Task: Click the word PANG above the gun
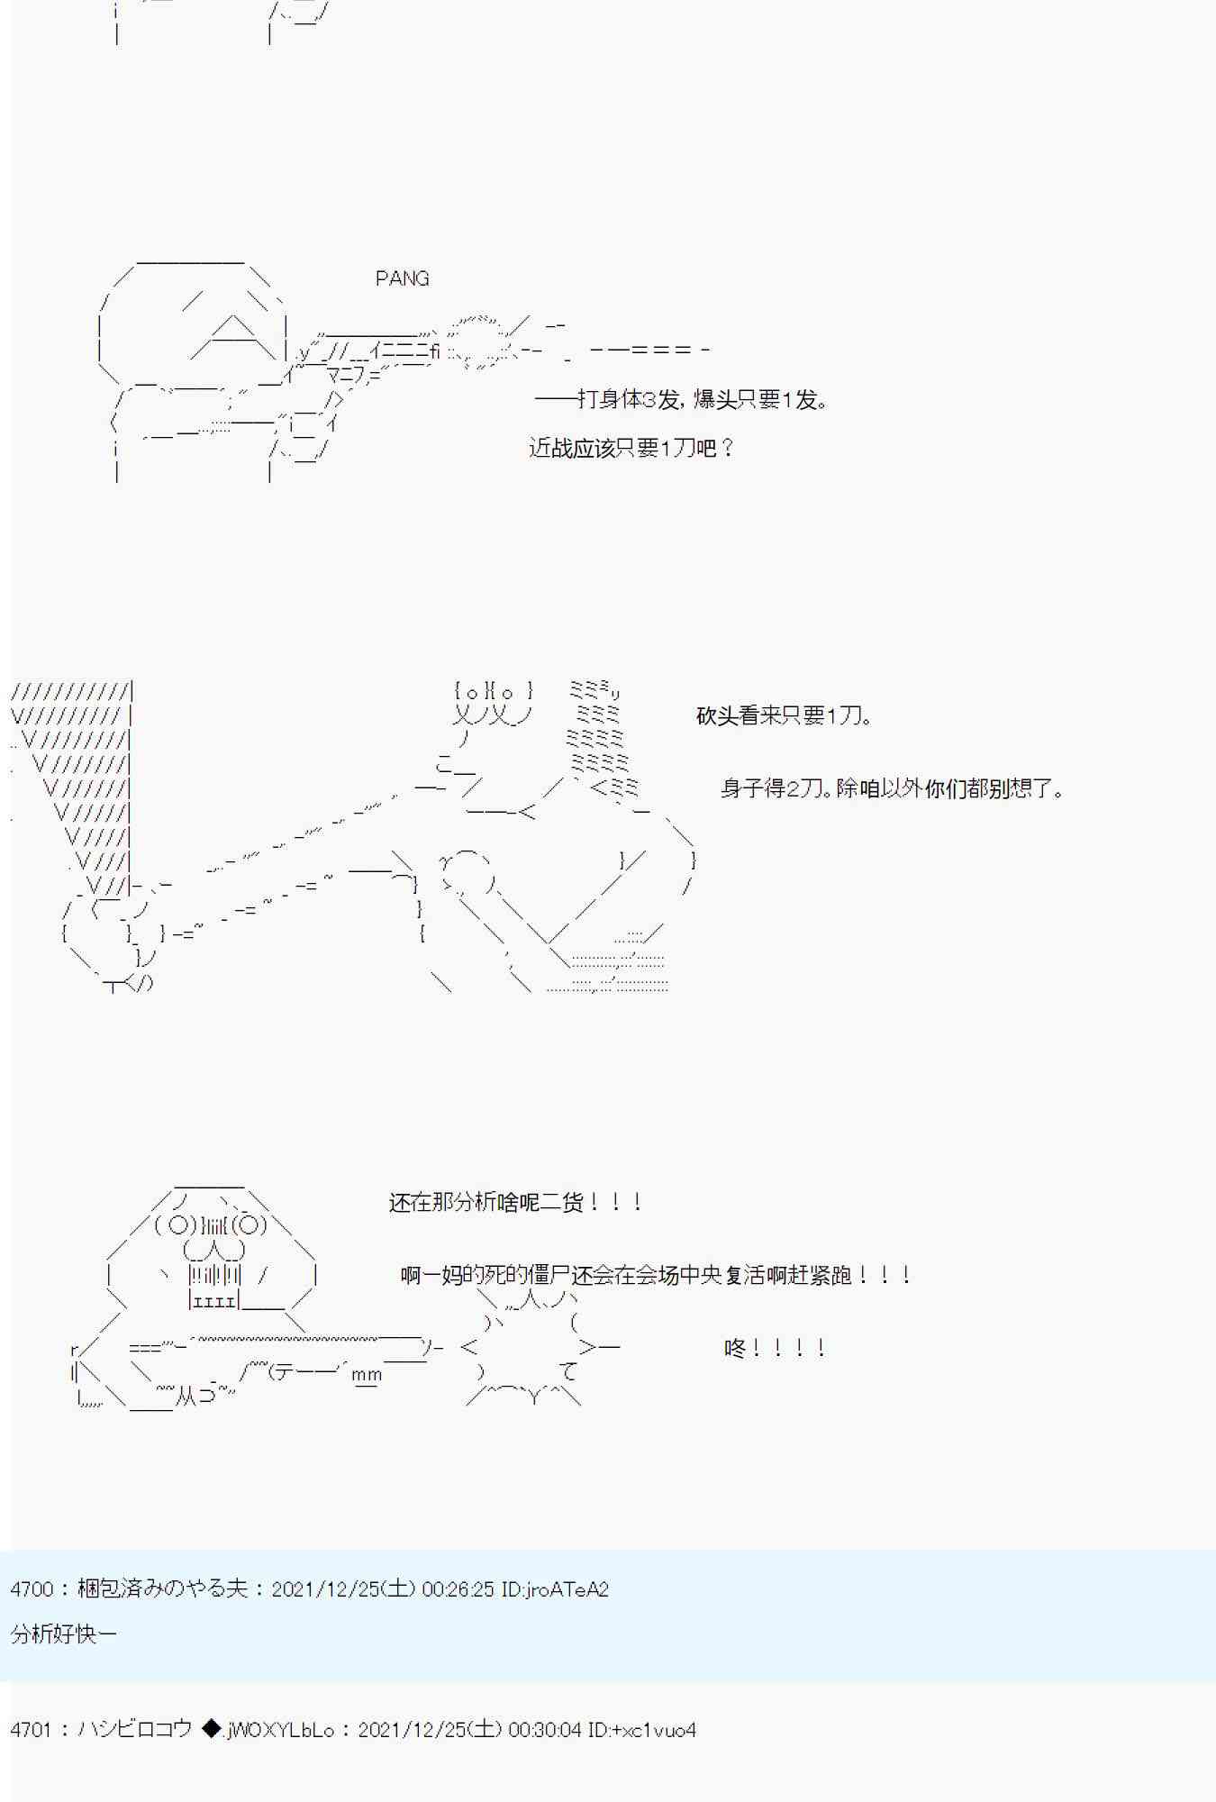point(402,278)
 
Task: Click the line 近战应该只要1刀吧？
point(631,448)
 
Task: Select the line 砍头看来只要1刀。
point(784,716)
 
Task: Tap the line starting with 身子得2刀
point(892,788)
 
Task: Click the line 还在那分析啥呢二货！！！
point(515,1202)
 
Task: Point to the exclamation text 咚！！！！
point(775,1348)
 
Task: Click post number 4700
point(32,1588)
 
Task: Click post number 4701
point(32,1729)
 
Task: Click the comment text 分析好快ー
point(63,1634)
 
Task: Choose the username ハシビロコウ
point(135,1729)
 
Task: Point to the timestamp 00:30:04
point(544,1729)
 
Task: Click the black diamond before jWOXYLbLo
point(211,1729)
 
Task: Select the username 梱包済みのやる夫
point(162,1588)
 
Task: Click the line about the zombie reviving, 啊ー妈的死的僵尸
point(656,1275)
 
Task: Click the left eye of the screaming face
point(178,1224)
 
